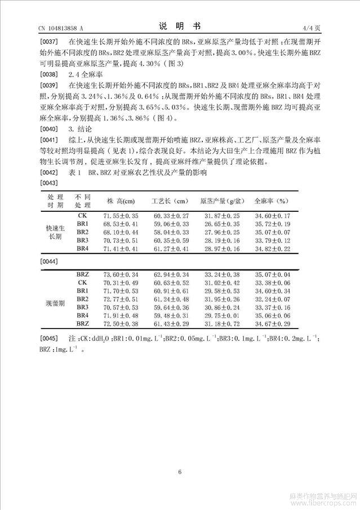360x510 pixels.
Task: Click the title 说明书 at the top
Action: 179,26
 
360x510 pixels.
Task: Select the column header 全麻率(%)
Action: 272,201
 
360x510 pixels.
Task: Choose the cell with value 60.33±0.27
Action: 170,216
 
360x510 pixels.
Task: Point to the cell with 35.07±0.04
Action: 273,274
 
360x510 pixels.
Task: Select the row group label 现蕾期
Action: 55,303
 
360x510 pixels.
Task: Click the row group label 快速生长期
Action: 55,232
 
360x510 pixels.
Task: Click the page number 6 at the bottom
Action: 179,472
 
